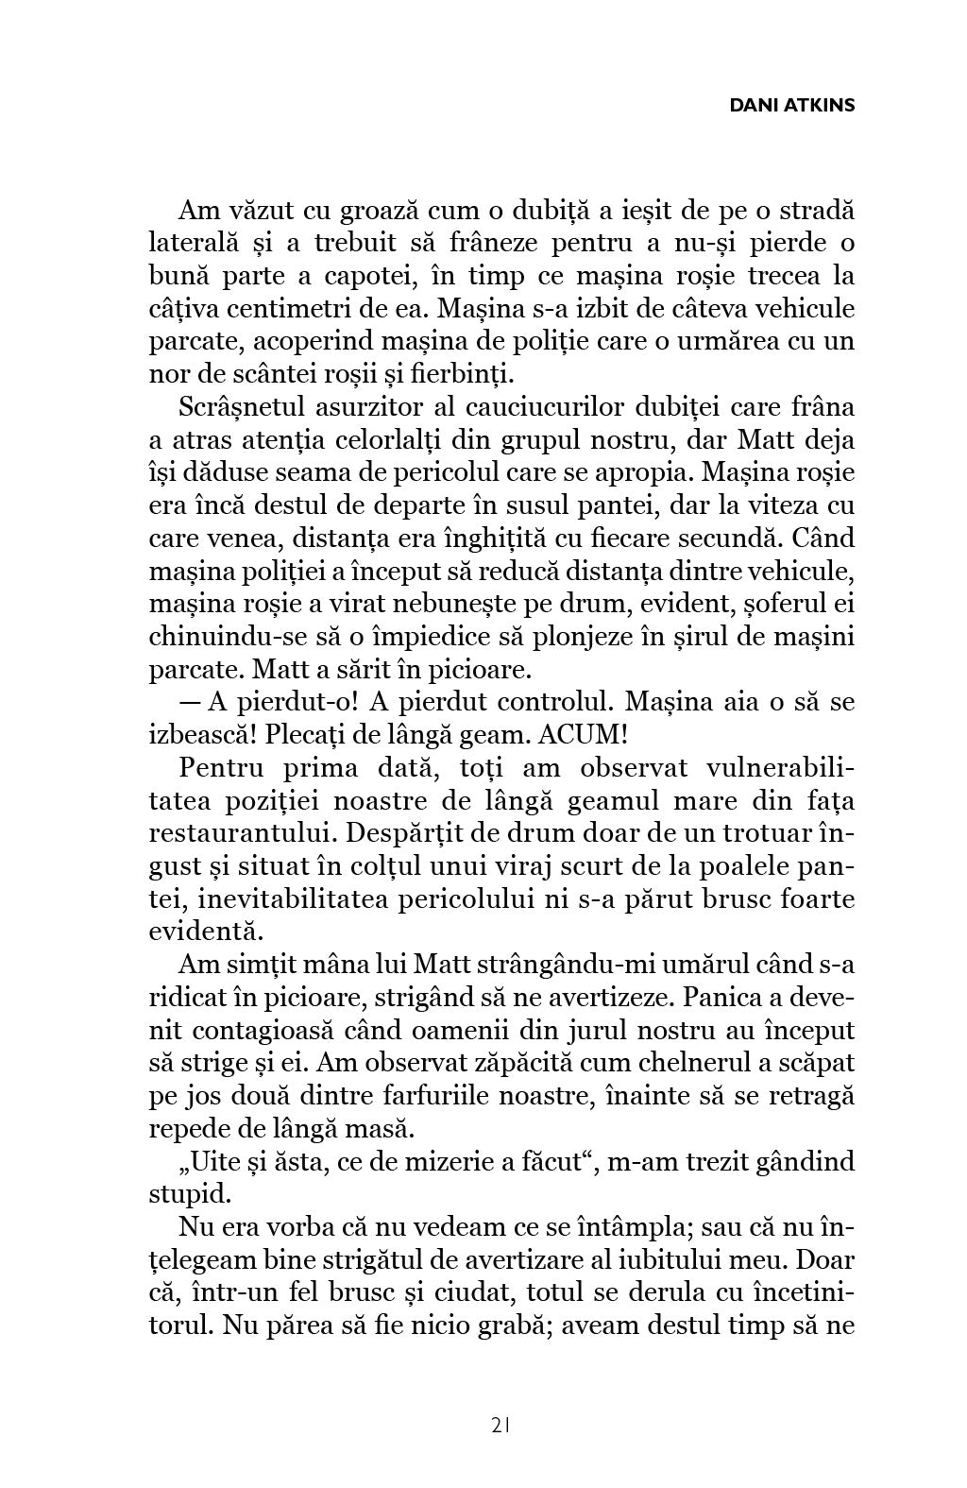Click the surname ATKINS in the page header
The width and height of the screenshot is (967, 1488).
click(819, 105)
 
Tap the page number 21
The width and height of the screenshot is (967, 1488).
click(501, 1425)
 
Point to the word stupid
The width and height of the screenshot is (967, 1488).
click(190, 1195)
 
